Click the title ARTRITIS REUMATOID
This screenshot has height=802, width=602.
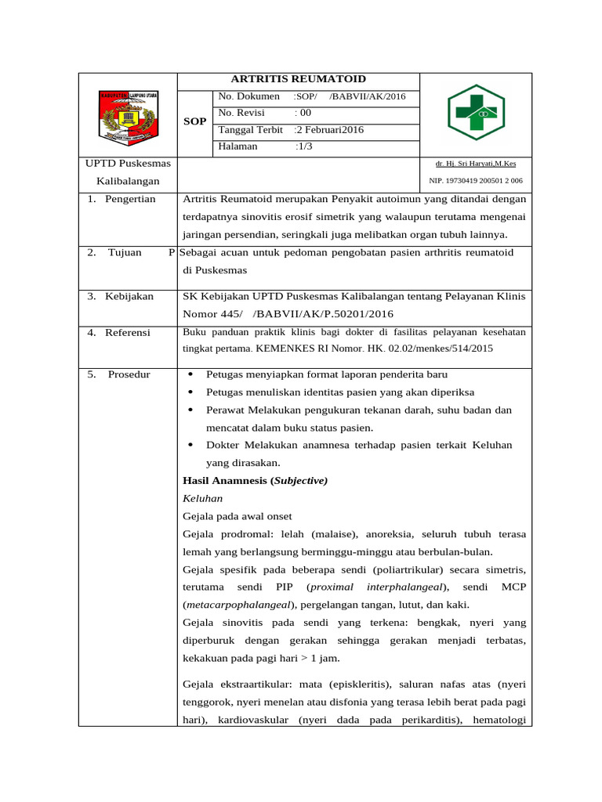click(298, 79)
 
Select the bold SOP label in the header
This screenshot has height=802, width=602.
click(194, 122)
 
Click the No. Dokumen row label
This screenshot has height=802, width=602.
click(249, 96)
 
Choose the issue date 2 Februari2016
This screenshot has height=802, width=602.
click(329, 130)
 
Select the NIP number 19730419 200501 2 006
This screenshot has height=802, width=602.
click(476, 181)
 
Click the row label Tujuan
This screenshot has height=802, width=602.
click(125, 252)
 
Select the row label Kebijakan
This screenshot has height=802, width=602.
click(130, 296)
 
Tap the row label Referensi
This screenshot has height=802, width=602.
click(128, 333)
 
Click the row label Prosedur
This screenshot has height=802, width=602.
click(129, 374)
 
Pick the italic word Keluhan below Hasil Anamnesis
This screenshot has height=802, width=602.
click(202, 498)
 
